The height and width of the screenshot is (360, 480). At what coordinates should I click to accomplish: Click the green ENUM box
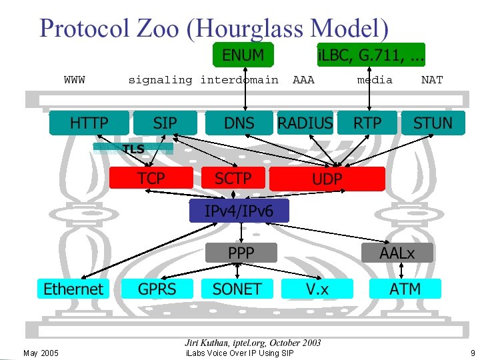click(x=243, y=55)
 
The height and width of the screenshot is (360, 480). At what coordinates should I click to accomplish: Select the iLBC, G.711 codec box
click(x=371, y=55)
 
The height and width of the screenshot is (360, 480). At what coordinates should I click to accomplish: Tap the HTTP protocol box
click(x=89, y=123)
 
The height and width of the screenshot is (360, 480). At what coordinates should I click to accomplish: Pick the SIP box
click(x=165, y=123)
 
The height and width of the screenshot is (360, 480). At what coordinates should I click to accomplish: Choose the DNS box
click(x=239, y=123)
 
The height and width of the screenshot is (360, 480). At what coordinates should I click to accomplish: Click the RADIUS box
click(x=305, y=123)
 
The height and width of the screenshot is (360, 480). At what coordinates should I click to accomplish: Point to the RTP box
click(x=367, y=123)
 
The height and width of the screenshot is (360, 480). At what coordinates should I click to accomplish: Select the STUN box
click(x=433, y=123)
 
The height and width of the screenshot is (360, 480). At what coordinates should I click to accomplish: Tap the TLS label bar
click(x=133, y=149)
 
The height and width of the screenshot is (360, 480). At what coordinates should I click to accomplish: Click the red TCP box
click(x=151, y=178)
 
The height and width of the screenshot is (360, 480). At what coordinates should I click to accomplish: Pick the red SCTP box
click(x=233, y=178)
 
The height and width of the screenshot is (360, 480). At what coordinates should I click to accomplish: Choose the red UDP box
click(x=327, y=179)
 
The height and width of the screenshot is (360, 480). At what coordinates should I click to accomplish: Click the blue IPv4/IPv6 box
click(x=239, y=211)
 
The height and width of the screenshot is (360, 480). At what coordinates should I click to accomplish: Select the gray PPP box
click(x=240, y=253)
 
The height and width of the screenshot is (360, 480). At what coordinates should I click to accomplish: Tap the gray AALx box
click(x=397, y=253)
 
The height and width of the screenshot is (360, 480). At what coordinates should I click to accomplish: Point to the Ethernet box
click(x=73, y=289)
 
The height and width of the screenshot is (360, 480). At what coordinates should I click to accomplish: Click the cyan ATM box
click(x=405, y=289)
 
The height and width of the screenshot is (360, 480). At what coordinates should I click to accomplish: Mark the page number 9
click(x=472, y=353)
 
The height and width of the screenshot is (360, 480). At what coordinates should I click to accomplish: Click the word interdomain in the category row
click(x=239, y=80)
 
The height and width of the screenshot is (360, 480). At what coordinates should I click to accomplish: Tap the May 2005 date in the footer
click(x=41, y=353)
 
